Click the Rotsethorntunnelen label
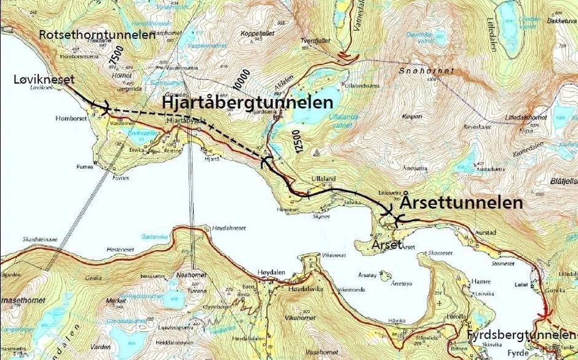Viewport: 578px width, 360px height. (97, 35)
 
